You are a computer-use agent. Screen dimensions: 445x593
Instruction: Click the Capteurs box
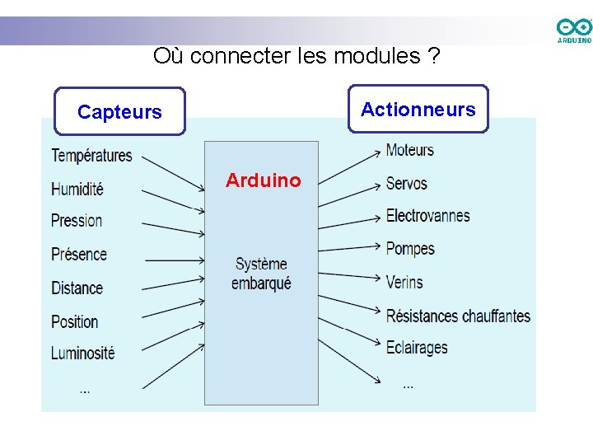pos(119,111)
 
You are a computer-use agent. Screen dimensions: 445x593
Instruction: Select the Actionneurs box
pos(418,109)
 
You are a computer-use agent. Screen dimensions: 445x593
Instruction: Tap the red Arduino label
pos(264,180)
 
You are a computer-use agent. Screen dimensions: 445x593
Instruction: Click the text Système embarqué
pos(261,274)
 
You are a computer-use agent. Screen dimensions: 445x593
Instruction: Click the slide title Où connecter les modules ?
pos(296,56)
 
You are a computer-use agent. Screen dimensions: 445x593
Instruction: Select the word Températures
pos(91,155)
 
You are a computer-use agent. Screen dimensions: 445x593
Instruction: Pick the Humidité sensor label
pos(77,189)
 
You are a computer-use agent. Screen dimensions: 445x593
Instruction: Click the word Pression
pos(77,221)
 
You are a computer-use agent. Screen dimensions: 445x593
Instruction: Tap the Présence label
pos(79,254)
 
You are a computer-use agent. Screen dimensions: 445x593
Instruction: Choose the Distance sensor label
pos(77,288)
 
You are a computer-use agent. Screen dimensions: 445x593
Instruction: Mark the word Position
pos(74,321)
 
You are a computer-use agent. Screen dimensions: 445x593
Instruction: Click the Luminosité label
pos(82,353)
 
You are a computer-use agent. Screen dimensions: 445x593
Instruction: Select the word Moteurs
pos(409,150)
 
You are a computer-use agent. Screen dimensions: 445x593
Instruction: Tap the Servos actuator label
pos(406,183)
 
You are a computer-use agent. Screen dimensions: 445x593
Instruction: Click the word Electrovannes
pos(427,216)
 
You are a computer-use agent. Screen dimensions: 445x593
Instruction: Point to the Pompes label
pos(409,248)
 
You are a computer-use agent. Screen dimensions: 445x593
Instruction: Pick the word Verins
pos(404,282)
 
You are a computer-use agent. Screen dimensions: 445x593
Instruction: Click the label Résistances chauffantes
pos(458,316)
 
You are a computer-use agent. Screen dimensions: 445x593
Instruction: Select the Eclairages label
pos(417,347)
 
